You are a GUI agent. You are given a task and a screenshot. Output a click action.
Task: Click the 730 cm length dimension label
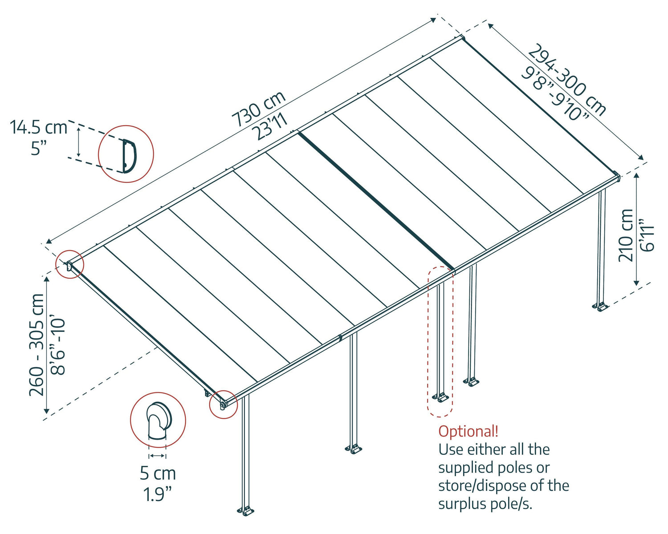point(258,109)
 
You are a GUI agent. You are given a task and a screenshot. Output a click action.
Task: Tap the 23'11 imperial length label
point(270,126)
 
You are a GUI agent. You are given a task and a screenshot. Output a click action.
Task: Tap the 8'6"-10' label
point(58,345)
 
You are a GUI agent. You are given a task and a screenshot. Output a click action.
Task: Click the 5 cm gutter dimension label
point(158,473)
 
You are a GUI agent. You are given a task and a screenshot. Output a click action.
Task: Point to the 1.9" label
point(158,494)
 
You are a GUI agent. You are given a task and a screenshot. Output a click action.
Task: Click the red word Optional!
point(468,431)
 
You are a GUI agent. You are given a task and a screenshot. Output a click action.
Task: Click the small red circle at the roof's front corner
point(224,405)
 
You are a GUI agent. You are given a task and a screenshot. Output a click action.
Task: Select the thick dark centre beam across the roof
point(376,200)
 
